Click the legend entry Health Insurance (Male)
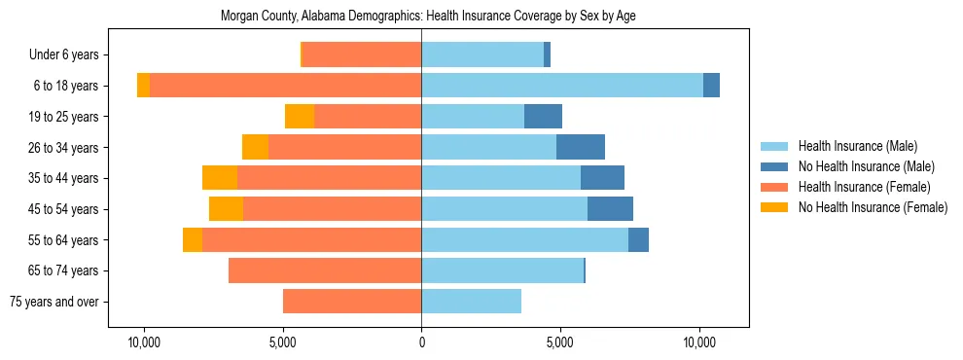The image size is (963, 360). (857, 146)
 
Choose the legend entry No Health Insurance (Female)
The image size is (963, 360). (873, 207)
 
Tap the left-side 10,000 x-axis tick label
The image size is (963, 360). (144, 343)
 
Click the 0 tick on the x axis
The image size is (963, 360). (421, 343)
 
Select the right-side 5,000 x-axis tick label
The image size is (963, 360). (560, 343)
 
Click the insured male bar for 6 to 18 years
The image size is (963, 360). (561, 86)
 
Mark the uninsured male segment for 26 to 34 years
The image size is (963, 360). (581, 147)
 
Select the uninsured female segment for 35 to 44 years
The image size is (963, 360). (220, 178)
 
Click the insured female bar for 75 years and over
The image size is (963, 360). (352, 302)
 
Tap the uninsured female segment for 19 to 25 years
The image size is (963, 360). (300, 117)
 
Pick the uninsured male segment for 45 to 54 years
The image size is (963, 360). (610, 209)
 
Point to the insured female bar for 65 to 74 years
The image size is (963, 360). (325, 270)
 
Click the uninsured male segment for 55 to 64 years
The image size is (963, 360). (638, 239)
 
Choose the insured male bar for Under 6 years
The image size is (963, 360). (482, 54)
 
